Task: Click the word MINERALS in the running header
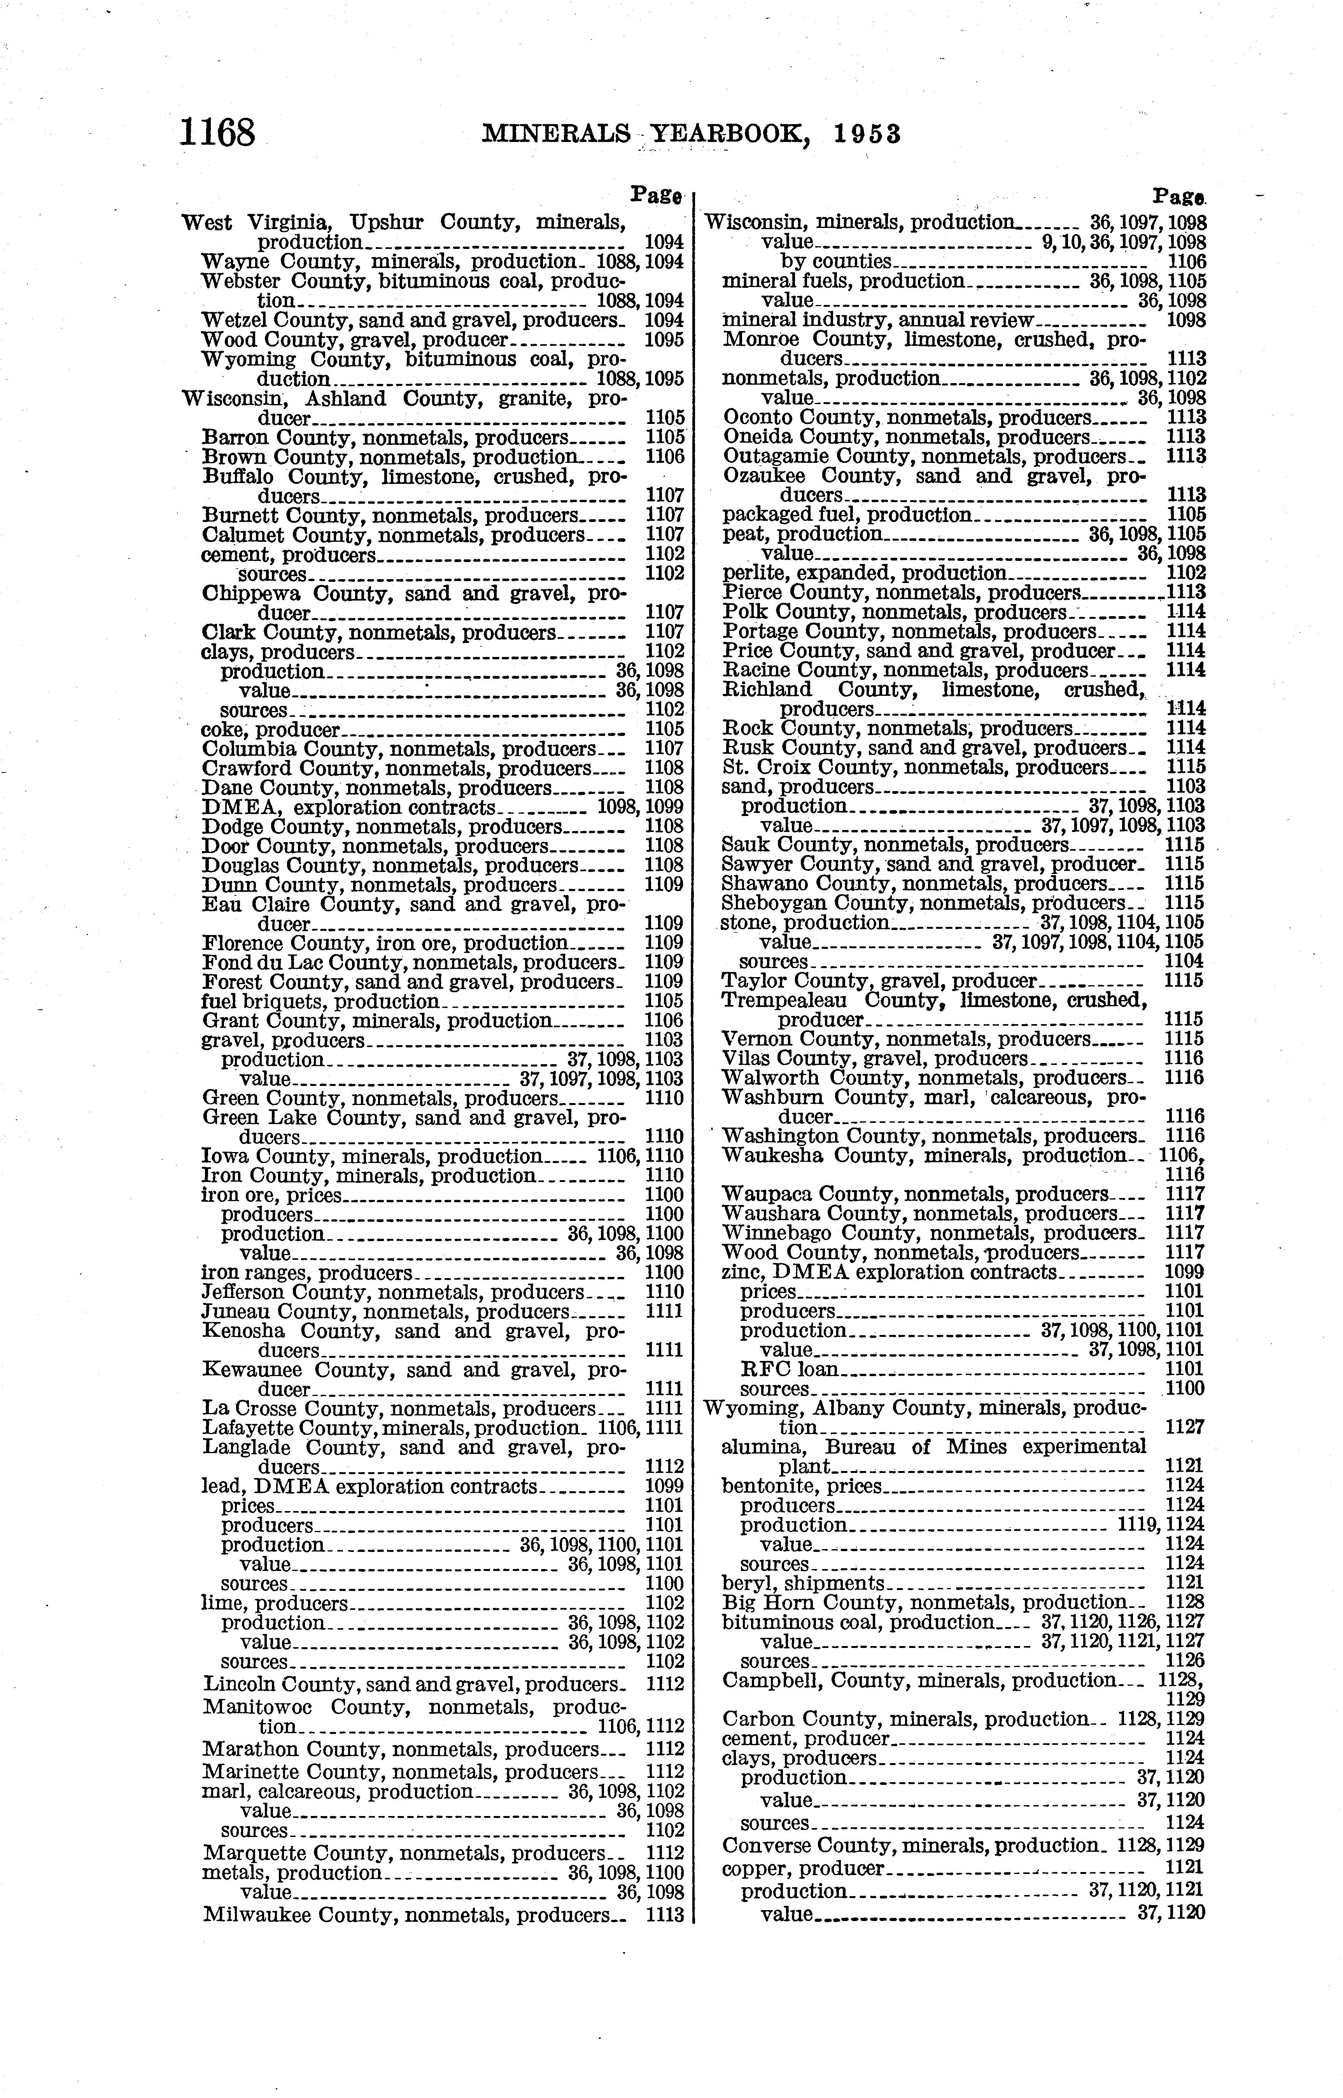[555, 133]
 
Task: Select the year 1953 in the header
[866, 133]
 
